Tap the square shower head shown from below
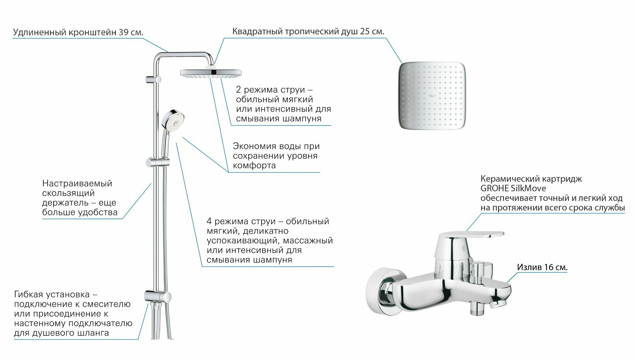click(x=432, y=96)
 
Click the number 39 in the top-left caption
click(x=124, y=32)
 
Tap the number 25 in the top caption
click(x=365, y=32)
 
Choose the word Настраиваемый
click(x=77, y=184)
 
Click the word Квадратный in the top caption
click(x=257, y=32)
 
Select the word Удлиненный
click(x=40, y=32)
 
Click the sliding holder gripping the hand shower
click(x=157, y=162)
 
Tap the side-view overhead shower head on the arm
click(x=211, y=73)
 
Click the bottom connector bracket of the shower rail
click(x=158, y=296)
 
